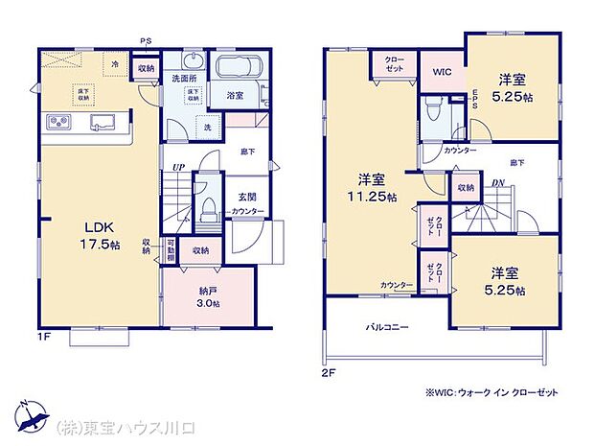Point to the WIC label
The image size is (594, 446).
pos(442,72)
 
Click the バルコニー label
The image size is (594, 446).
pos(387,327)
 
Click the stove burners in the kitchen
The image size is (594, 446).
pos(57,123)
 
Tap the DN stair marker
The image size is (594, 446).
pos(497,182)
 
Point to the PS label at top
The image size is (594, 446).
pos(145,40)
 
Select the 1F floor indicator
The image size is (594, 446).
pos(42,337)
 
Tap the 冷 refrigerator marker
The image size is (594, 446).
pos(114,63)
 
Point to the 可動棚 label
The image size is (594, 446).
pos(170,251)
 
